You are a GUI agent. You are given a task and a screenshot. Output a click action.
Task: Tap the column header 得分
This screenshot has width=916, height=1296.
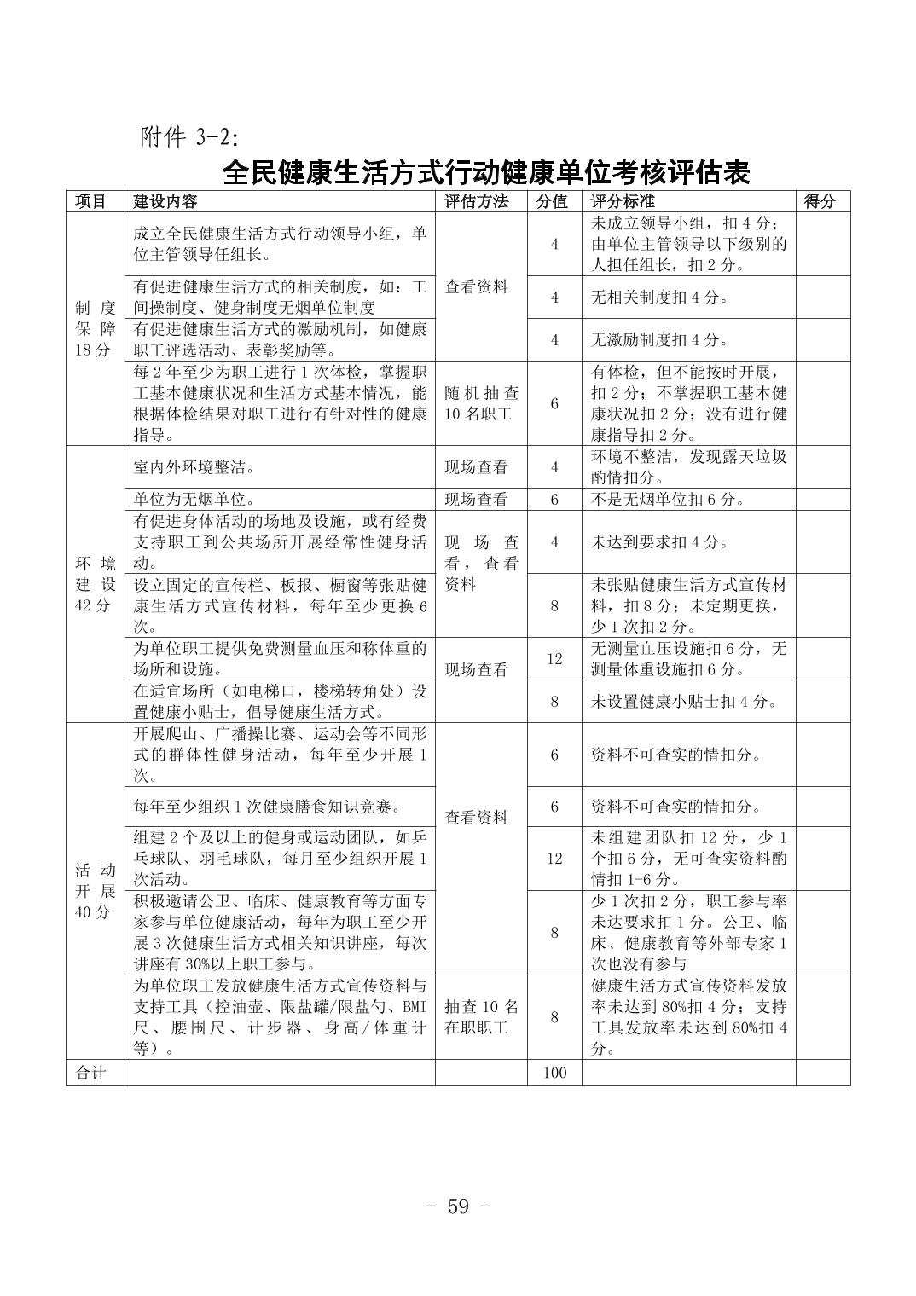tap(820, 202)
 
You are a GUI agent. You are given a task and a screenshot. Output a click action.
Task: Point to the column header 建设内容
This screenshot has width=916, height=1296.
tap(165, 202)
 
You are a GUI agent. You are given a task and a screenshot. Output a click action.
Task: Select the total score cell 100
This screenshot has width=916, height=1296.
tap(554, 1073)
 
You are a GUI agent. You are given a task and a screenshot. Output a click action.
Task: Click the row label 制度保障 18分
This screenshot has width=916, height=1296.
tap(95, 328)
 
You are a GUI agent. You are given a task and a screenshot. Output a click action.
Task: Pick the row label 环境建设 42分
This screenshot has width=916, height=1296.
tap(95, 584)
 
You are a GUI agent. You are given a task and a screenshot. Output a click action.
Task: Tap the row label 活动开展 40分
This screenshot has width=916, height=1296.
tap(95, 891)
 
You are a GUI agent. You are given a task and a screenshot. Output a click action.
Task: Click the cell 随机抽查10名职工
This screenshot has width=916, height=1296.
tap(481, 403)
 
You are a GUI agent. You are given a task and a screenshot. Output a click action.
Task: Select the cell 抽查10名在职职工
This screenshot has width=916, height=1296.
tap(481, 1017)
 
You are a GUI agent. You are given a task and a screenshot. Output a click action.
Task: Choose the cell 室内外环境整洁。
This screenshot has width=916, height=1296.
tap(194, 467)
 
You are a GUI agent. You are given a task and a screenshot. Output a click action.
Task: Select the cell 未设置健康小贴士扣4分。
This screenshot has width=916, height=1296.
tap(684, 702)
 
